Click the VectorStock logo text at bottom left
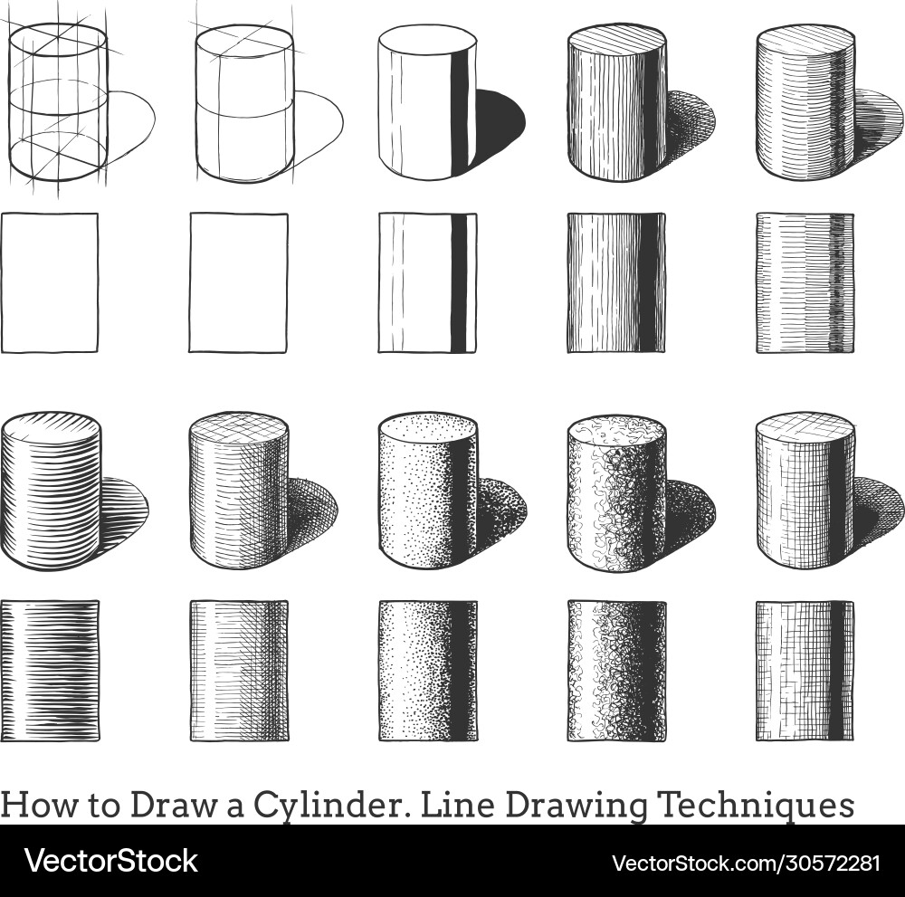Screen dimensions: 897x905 [x=111, y=860]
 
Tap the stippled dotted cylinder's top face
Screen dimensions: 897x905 [x=427, y=427]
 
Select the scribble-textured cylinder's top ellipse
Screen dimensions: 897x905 [x=617, y=429]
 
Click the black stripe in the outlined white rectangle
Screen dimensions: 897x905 [x=459, y=282]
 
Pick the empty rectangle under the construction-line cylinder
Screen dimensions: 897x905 [x=51, y=282]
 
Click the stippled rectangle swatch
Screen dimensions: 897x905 [x=427, y=670]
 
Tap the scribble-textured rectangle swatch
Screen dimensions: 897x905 [x=617, y=670]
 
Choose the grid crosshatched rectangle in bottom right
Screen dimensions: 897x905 [x=805, y=670]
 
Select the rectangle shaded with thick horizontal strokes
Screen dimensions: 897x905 [x=51, y=670]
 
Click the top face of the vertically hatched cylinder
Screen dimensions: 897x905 [x=617, y=42]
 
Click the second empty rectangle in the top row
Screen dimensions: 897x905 [x=238, y=282]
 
